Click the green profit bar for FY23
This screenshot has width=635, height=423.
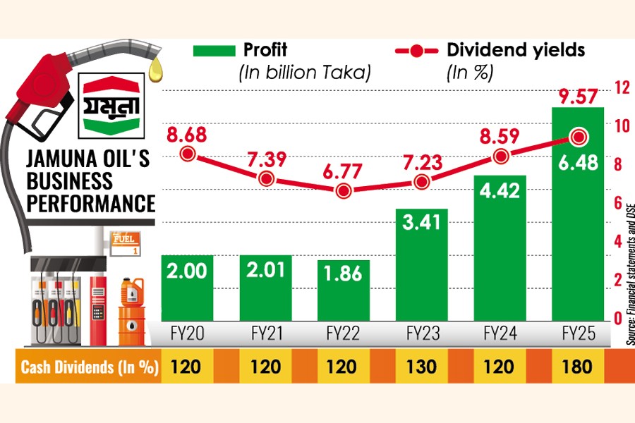tap(422, 264)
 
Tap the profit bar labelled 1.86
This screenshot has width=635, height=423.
tap(344, 289)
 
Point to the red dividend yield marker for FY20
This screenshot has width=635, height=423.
tap(188, 154)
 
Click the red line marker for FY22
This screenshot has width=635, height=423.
tap(344, 191)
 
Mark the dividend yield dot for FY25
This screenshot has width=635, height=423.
tap(579, 137)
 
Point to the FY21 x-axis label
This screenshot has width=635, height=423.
tap(266, 333)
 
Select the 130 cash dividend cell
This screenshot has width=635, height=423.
tap(422, 367)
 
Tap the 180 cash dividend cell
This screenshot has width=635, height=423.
tap(578, 367)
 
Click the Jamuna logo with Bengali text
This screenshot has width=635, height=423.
tap(109, 104)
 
